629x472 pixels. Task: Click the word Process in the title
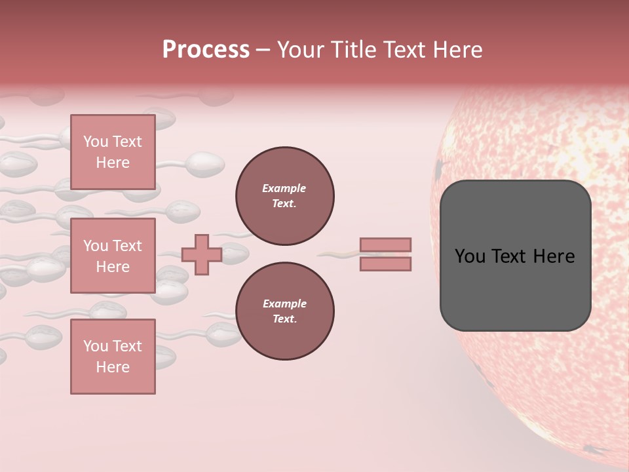tap(206, 49)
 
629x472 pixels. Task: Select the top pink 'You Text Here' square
tap(113, 152)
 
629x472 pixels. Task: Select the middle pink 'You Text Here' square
tap(113, 256)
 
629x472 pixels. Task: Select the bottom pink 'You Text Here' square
tap(113, 357)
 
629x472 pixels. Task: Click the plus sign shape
tap(202, 254)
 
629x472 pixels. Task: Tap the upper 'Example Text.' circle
tap(284, 195)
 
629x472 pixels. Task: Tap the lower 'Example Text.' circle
tap(284, 311)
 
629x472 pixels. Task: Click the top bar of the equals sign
tap(385, 245)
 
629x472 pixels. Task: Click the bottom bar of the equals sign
tap(385, 264)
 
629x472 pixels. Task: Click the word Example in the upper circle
tap(284, 188)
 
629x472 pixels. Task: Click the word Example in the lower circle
tap(284, 304)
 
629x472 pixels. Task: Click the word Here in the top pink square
tap(113, 163)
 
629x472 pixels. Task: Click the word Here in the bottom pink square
tap(113, 367)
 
